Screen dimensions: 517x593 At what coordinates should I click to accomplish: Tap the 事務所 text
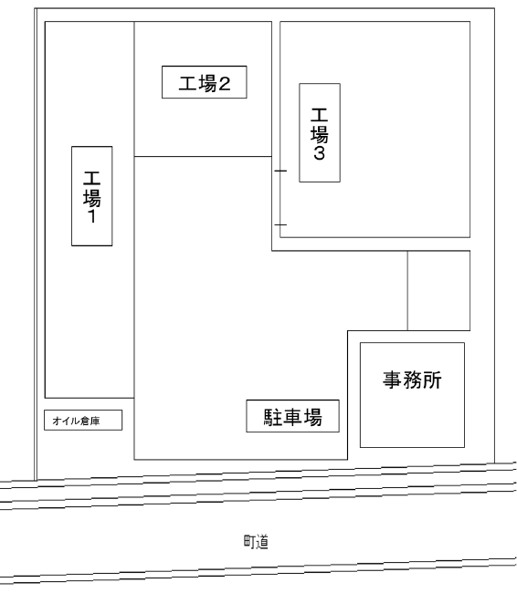pyautogui.click(x=412, y=380)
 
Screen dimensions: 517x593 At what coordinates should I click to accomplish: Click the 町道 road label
pyautogui.click(x=256, y=542)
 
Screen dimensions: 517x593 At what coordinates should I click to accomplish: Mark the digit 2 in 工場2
pyautogui.click(x=224, y=84)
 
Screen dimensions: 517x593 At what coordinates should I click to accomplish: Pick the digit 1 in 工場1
pyautogui.click(x=92, y=216)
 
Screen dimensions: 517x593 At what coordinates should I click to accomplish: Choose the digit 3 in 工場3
pyautogui.click(x=320, y=153)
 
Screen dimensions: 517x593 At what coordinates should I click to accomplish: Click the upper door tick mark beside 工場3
pyautogui.click(x=280, y=171)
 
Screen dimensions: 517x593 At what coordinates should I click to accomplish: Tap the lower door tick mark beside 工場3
pyautogui.click(x=280, y=224)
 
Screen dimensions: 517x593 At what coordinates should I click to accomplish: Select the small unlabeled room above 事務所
pyautogui.click(x=439, y=290)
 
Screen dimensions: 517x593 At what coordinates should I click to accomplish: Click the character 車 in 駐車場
pyautogui.click(x=293, y=417)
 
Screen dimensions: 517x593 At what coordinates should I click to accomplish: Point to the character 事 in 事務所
pyautogui.click(x=392, y=380)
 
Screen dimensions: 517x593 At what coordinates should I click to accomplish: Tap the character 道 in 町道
pyautogui.click(x=262, y=542)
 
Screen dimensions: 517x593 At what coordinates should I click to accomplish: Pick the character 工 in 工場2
pyautogui.click(x=188, y=83)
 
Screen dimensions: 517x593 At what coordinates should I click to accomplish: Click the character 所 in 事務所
pyautogui.click(x=432, y=380)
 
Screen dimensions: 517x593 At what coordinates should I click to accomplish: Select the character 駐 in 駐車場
pyautogui.click(x=273, y=417)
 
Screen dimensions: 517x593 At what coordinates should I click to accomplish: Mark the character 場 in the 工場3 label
pyautogui.click(x=320, y=134)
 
